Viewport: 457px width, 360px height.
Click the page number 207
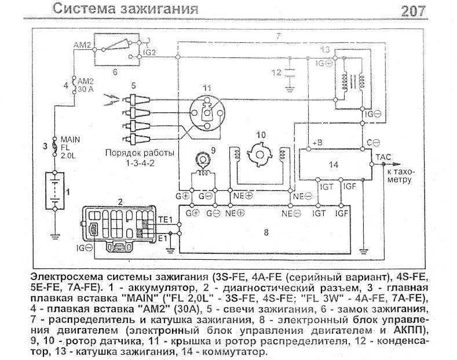pos(412,10)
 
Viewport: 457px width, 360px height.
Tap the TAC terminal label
pos(383,157)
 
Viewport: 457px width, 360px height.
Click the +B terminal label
pos(317,142)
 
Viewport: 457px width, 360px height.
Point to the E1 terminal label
pos(163,237)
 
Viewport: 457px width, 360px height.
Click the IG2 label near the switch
pos(149,52)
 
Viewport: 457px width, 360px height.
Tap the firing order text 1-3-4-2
pos(133,165)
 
